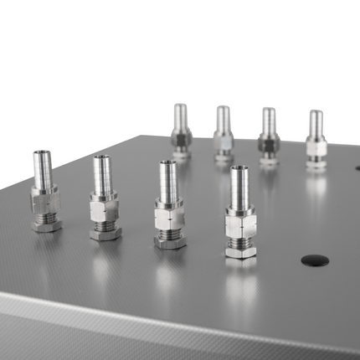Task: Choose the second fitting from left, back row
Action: point(223,134)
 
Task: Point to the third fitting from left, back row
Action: point(268,136)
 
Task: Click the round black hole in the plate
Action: point(315,260)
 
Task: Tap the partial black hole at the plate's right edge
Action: point(357,167)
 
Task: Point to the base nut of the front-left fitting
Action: point(46,224)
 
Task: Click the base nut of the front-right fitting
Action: point(240,250)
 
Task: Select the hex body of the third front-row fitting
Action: point(168,219)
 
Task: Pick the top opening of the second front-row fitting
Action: point(101,157)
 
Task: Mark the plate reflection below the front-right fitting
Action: point(240,289)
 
